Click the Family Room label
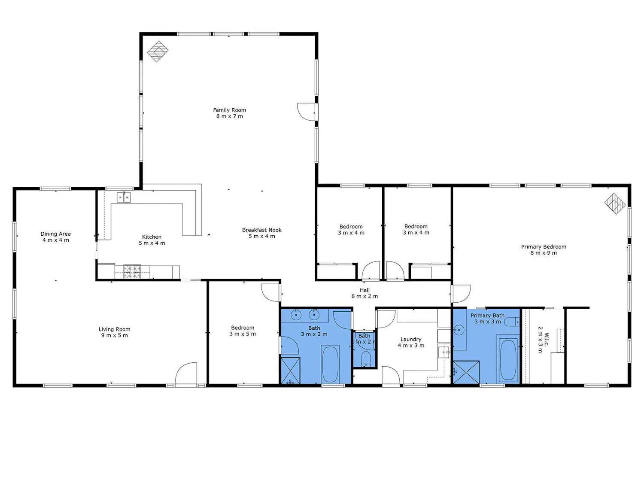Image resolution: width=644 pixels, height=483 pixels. click(229, 110)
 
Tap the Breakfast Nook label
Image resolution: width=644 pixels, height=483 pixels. click(261, 230)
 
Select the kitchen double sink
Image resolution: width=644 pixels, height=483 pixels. click(124, 197)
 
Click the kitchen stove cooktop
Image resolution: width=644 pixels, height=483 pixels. click(132, 272)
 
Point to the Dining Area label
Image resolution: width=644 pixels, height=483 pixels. click(55, 234)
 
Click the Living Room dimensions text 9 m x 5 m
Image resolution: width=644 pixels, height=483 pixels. click(115, 335)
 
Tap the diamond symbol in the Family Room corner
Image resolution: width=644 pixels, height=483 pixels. click(158, 52)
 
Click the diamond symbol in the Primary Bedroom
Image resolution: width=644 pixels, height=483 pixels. click(615, 204)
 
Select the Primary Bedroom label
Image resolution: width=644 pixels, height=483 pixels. click(544, 246)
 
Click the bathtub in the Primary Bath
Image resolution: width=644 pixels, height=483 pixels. click(508, 359)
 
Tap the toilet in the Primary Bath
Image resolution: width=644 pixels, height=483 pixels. click(512, 322)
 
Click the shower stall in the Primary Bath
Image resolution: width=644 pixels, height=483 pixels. click(466, 372)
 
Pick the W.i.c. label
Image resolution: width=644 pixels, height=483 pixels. click(546, 339)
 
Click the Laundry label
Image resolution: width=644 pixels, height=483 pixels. click(411, 339)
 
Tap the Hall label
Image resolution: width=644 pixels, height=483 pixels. click(365, 290)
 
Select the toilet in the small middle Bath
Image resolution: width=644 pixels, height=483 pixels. click(365, 358)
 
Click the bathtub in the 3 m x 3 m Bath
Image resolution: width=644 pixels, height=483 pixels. click(330, 364)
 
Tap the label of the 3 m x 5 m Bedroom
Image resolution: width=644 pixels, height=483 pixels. click(243, 328)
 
